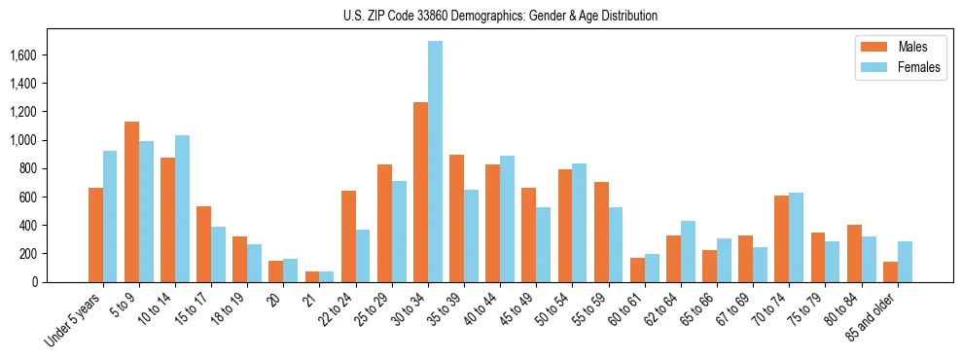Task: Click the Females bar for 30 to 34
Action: (x=435, y=162)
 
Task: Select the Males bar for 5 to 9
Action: (x=131, y=201)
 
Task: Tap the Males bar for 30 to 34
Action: (x=420, y=192)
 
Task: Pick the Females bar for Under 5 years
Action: (x=110, y=216)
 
